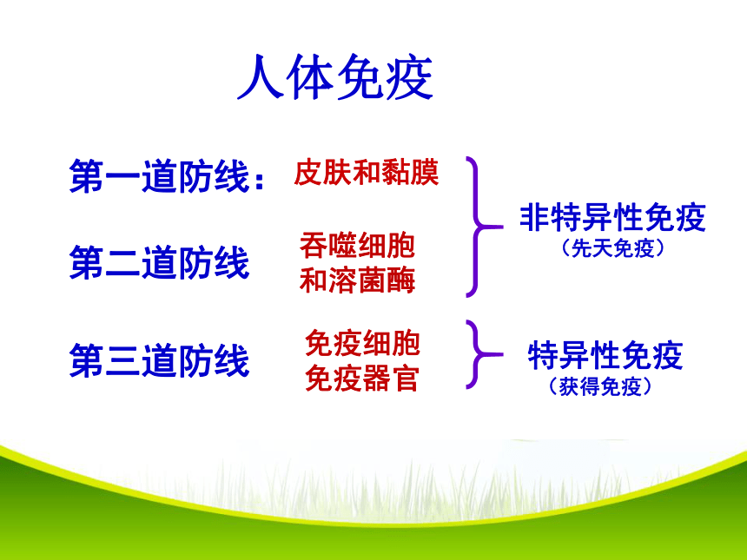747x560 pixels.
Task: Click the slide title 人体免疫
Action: coord(335,76)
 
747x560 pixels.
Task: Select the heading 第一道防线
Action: coord(160,176)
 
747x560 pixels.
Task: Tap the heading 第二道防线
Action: coord(160,262)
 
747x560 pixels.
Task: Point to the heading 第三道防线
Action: coord(160,361)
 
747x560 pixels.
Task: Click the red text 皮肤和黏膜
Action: coord(366,172)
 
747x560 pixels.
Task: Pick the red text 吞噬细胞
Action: coord(357,245)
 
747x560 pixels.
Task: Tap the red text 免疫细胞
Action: coord(362,343)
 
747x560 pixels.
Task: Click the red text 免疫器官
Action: coord(362,379)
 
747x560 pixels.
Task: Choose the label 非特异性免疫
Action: coord(612,217)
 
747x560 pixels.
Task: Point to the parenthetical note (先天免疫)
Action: coord(612,248)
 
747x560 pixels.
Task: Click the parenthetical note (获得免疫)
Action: coord(600,386)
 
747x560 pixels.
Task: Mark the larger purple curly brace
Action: coord(476,227)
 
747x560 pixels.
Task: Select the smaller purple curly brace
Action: coord(476,354)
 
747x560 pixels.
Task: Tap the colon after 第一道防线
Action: coord(260,181)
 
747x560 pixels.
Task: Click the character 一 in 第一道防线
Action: coord(123,178)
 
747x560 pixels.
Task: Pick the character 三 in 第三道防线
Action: coord(123,361)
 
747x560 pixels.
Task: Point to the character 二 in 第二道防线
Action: coord(123,263)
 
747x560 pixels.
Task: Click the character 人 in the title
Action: coord(261,77)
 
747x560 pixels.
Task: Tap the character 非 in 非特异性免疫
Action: coord(534,218)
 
